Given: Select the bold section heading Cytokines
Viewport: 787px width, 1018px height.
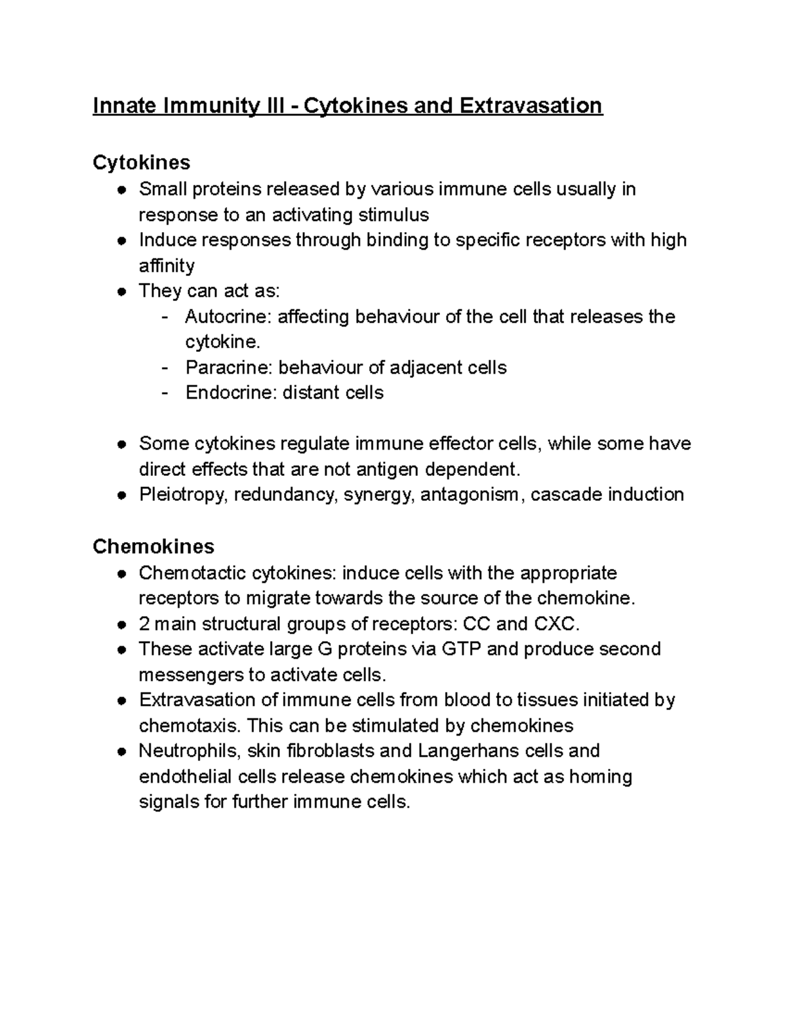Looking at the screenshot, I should pyautogui.click(x=142, y=163).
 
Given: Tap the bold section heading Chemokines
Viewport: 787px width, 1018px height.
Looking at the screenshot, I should pyautogui.click(x=153, y=546).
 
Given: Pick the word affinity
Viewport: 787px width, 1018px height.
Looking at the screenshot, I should pyautogui.click(x=167, y=265).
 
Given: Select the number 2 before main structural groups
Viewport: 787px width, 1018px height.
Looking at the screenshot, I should pyautogui.click(x=144, y=623).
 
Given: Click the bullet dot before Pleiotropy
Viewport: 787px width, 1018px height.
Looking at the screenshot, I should pyautogui.click(x=122, y=495).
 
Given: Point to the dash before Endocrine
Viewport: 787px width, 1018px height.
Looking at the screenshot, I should pyautogui.click(x=165, y=393).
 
